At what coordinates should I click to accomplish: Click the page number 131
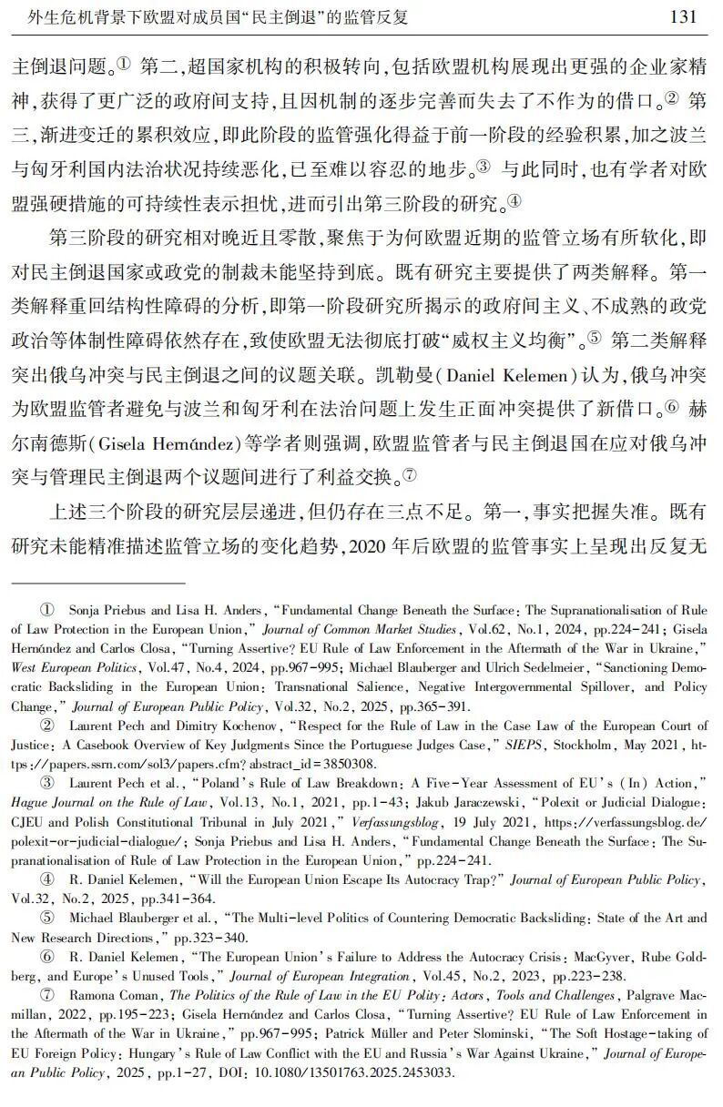pos(682,17)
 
